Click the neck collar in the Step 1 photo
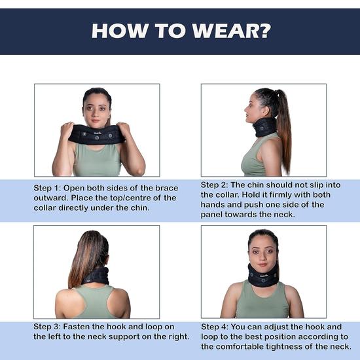coord(97,134)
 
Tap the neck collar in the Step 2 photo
coord(264,126)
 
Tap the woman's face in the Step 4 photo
coord(263,252)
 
